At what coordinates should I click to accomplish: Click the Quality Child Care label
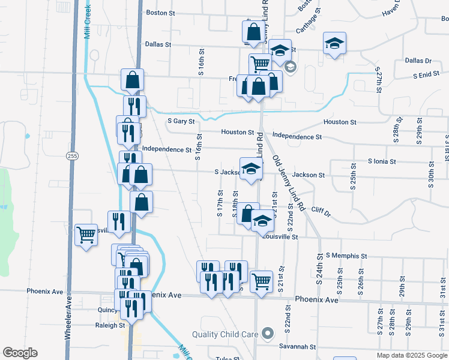tap(225, 334)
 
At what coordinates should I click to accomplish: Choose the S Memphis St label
tap(346, 256)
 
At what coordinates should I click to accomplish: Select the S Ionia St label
tap(382, 161)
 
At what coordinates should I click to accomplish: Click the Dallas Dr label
tap(418, 61)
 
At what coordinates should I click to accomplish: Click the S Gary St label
tap(181, 121)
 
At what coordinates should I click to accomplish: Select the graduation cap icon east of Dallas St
tap(334, 43)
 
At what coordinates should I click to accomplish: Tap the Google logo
tap(20, 353)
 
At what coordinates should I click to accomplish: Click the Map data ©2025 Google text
tap(411, 355)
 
